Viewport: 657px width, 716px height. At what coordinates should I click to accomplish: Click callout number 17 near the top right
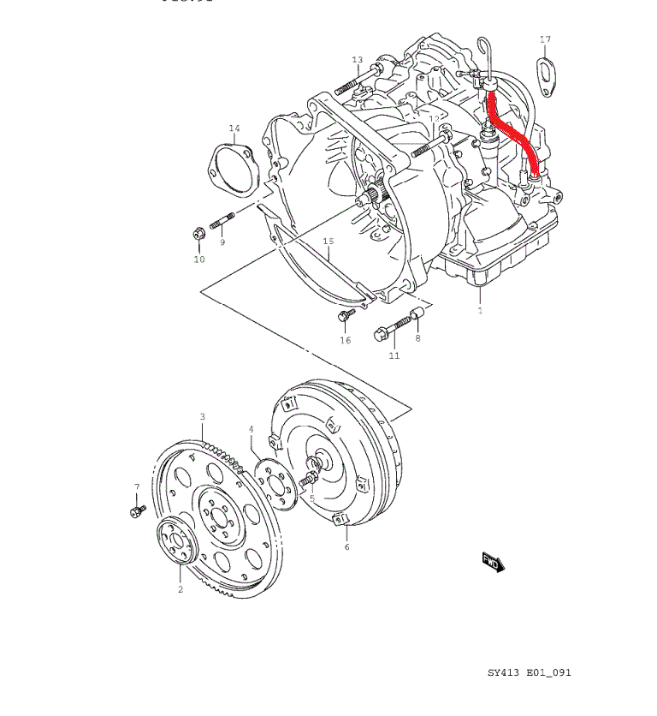545,39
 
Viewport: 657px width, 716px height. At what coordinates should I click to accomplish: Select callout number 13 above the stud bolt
358,59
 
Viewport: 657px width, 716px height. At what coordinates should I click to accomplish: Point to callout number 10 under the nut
198,260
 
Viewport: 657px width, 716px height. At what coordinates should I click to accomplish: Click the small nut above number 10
198,232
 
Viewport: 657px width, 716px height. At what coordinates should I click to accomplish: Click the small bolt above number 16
344,317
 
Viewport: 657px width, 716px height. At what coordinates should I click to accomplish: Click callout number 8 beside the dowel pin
417,339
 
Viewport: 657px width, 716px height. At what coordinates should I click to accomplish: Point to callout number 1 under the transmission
480,310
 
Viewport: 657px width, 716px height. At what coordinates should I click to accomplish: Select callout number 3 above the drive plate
203,417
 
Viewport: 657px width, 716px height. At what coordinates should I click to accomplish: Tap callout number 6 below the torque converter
346,546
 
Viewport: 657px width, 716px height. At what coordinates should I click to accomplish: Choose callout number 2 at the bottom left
181,589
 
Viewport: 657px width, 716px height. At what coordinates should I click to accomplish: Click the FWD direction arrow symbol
494,561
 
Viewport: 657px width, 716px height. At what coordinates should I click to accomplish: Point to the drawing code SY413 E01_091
529,672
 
